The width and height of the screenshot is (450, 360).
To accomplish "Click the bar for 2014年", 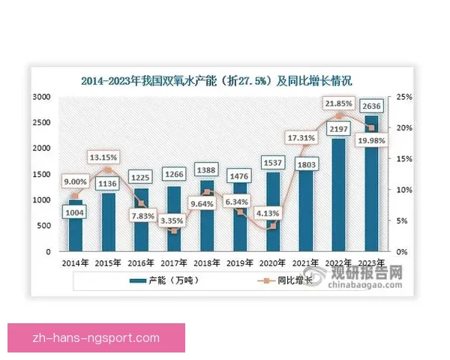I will (x=76, y=226).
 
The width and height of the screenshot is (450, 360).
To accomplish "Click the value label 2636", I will (x=372, y=106).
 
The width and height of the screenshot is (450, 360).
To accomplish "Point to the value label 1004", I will (x=76, y=213).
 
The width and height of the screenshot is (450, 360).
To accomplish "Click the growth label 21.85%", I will (x=339, y=102).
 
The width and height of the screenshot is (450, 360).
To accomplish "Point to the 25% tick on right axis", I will (x=406, y=97).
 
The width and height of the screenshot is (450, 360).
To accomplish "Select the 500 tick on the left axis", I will (x=43, y=226).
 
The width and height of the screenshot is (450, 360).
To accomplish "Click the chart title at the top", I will (x=217, y=80).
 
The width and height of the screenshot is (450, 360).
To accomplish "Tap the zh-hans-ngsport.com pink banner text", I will (x=96, y=339).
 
